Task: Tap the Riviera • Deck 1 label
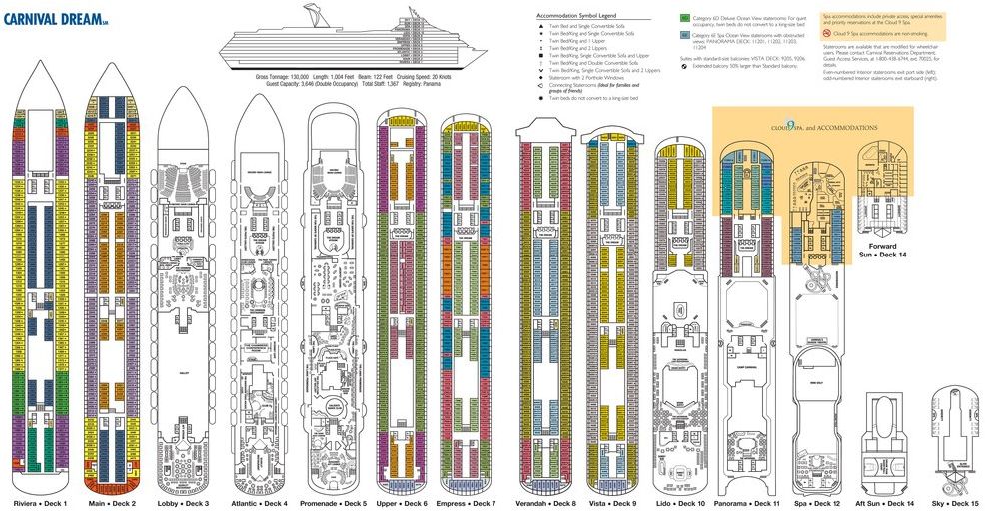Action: (40, 503)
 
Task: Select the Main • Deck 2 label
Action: (111, 503)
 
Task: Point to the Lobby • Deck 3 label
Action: (182, 503)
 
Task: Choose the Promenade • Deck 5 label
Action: (333, 503)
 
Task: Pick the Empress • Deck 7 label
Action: (466, 503)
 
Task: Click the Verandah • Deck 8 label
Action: (545, 503)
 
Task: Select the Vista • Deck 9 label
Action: (612, 503)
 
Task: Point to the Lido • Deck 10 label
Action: (680, 503)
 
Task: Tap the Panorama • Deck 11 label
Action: (748, 503)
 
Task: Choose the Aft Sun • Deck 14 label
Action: (887, 503)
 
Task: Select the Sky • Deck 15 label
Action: (956, 503)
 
